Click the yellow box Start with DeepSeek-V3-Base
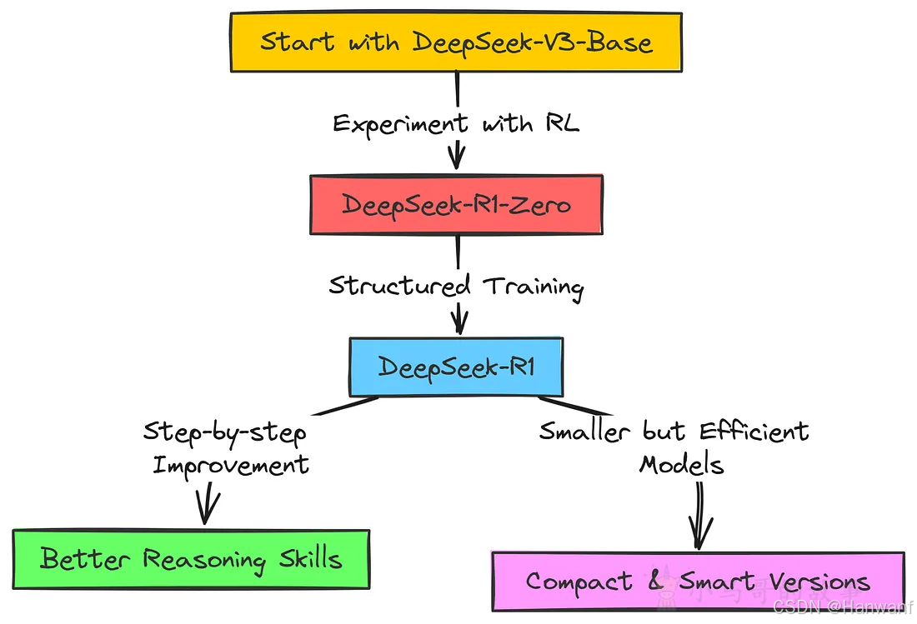(x=456, y=42)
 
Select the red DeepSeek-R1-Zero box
(x=456, y=204)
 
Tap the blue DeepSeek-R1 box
(x=456, y=367)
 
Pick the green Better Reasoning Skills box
(x=191, y=558)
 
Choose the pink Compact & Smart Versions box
(x=697, y=581)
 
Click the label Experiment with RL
(x=456, y=124)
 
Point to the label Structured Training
(x=456, y=286)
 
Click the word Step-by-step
(x=224, y=433)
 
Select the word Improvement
(x=231, y=464)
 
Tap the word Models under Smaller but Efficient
(x=681, y=464)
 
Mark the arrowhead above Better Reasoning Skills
(x=205, y=508)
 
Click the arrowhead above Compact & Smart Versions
(x=699, y=532)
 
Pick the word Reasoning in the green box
(x=203, y=559)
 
